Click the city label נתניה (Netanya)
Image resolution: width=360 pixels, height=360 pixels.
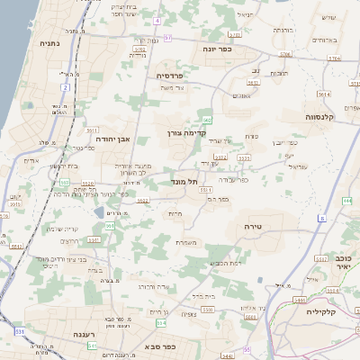click(50, 43)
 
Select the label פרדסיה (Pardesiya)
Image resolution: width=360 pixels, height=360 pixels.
click(172, 76)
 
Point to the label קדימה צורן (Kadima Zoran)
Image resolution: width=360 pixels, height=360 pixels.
click(182, 132)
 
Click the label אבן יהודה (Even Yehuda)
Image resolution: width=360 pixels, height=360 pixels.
click(114, 140)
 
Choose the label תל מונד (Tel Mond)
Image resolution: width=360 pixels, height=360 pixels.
click(184, 181)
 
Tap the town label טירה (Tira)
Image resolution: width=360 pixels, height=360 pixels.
click(253, 229)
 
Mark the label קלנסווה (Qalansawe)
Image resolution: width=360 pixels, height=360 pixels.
click(320, 116)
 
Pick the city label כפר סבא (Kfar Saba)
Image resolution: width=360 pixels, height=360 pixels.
click(162, 346)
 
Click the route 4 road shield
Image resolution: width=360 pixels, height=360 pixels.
click(157, 20)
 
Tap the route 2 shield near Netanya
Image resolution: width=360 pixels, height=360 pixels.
click(66, 86)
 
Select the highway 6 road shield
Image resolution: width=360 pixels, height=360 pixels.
click(322, 219)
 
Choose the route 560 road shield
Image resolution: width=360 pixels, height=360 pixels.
click(207, 119)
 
